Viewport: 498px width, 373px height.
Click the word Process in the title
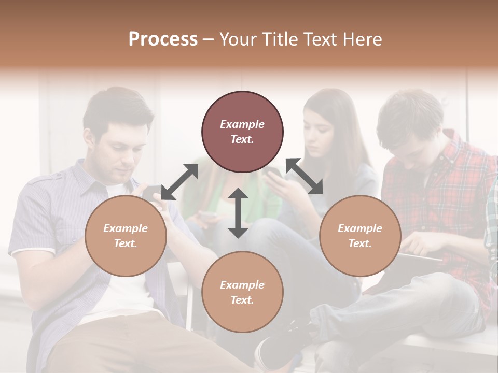click(163, 39)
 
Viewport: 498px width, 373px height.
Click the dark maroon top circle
click(242, 132)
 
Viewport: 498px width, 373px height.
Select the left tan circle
click(126, 236)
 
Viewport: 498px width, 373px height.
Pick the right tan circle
click(359, 236)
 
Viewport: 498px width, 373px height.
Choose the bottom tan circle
click(242, 292)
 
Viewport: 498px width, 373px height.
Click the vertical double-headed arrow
click(238, 213)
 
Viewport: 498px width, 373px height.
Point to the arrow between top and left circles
click(179, 181)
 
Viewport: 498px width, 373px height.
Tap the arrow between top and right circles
click(304, 176)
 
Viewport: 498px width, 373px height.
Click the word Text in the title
click(320, 39)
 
